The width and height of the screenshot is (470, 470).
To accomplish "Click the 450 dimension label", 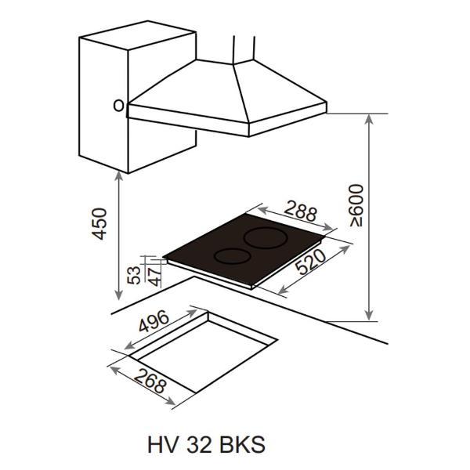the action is point(99,223).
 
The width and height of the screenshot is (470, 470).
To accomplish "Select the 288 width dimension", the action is point(300,211).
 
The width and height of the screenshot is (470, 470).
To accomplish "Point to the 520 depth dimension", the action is point(311,262).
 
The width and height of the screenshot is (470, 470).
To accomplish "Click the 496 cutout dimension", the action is point(154,321).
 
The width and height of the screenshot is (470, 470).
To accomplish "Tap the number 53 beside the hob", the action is point(134,275).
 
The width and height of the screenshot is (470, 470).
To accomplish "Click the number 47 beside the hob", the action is point(155,277).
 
